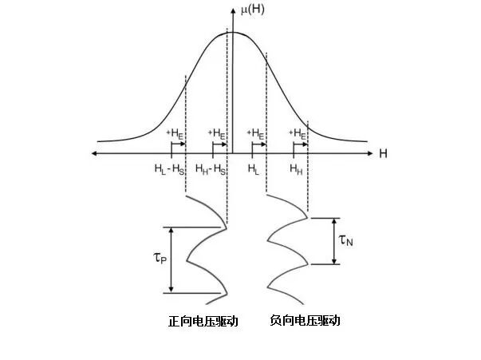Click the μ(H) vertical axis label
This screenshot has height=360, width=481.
point(254,10)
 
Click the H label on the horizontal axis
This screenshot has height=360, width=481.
point(383,152)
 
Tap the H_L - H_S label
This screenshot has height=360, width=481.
point(169,169)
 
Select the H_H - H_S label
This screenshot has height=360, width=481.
point(211,169)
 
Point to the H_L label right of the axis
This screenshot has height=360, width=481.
point(253,169)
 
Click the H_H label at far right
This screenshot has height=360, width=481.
point(296,169)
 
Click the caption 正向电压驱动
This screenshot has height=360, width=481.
point(203,321)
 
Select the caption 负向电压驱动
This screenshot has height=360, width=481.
point(305,321)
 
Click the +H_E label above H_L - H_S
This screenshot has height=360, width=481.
point(174,133)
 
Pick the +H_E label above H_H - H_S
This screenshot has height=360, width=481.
point(216,133)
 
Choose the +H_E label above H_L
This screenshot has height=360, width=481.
point(256,133)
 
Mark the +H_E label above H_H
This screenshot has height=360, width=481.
point(298,133)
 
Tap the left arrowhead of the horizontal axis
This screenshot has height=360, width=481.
point(96,152)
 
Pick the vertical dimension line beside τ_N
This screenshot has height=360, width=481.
point(334,240)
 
